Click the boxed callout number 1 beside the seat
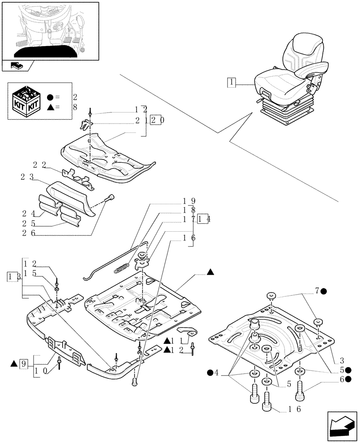click(x=231, y=82)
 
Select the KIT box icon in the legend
click(x=25, y=101)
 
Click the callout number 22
click(x=39, y=165)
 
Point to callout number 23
click(x=27, y=177)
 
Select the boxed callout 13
click(x=12, y=277)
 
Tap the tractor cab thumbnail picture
click(x=50, y=30)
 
